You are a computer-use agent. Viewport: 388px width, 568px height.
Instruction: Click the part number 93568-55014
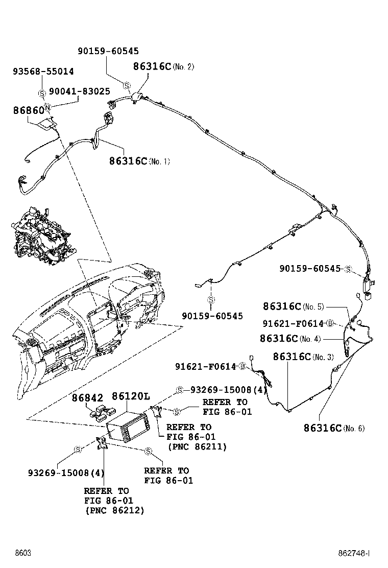pos(43,72)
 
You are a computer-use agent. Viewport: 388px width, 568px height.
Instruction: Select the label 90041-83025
pos(79,91)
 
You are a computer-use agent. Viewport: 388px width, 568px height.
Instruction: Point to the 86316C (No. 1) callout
pos(139,161)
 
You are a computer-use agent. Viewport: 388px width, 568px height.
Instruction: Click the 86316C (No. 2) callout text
pos(163,66)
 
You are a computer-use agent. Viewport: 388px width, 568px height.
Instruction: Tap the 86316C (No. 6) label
pos(334,428)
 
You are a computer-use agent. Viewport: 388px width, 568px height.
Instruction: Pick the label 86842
pos(87,398)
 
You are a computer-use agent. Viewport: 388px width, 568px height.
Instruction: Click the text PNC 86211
pos(197,446)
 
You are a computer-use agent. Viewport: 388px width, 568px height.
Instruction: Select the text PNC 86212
pos(114,510)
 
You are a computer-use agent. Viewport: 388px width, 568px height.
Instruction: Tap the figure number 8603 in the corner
pos(22,553)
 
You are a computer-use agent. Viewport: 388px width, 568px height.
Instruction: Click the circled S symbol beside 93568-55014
pos(41,93)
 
